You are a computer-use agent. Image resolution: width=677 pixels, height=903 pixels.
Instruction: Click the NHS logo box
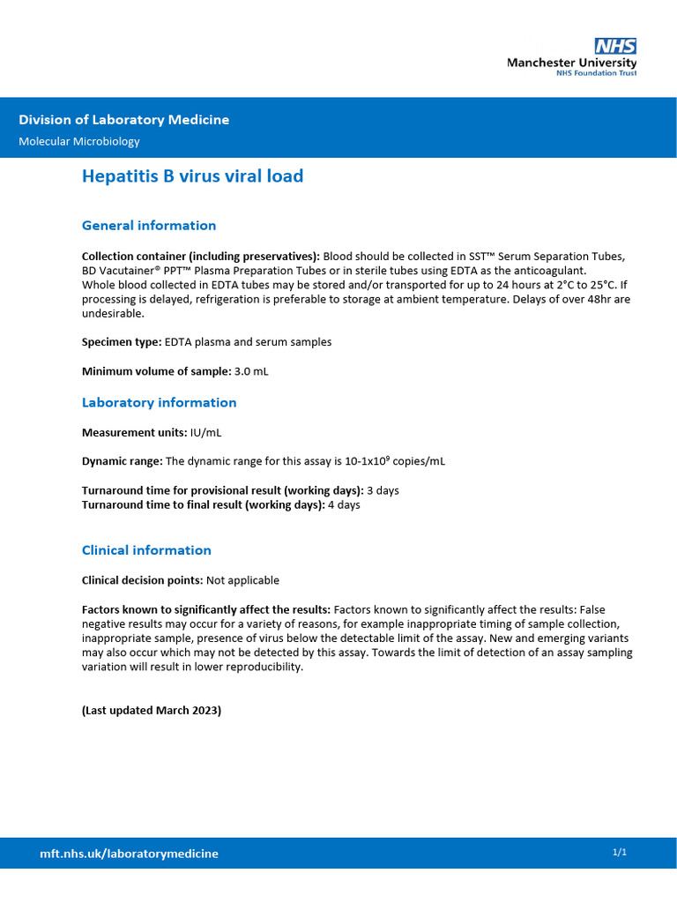(615, 46)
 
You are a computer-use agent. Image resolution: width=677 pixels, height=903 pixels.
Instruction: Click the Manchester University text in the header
(571, 63)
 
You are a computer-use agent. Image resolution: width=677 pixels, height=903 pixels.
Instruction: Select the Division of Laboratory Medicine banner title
(124, 120)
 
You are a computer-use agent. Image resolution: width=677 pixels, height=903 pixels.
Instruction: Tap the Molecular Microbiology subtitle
(79, 141)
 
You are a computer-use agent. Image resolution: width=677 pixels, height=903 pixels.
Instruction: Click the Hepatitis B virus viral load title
(192, 176)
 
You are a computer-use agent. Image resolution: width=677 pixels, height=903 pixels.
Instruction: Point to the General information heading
(149, 226)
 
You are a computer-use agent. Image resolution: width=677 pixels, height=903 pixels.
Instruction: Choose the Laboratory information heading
(159, 403)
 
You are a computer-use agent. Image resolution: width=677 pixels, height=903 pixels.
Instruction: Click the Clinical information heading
(146, 550)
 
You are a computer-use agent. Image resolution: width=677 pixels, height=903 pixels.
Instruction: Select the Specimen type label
(122, 342)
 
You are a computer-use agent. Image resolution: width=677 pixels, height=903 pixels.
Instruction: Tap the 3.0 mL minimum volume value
(251, 371)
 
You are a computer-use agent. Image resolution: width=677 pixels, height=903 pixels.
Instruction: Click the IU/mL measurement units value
(206, 433)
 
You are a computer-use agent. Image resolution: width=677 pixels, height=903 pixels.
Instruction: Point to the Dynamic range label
(122, 461)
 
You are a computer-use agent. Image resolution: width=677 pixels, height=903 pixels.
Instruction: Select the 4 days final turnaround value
(344, 505)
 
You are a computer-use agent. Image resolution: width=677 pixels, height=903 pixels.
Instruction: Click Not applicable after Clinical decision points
(242, 580)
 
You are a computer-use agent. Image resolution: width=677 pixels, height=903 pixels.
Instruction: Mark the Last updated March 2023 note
(152, 711)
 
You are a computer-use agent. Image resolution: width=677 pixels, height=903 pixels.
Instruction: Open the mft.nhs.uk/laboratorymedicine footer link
(130, 854)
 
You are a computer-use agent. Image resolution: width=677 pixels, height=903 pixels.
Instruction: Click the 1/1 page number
(619, 852)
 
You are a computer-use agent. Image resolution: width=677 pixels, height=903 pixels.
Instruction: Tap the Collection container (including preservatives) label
(201, 257)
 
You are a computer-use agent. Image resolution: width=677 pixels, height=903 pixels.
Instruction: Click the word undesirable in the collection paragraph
(113, 313)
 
